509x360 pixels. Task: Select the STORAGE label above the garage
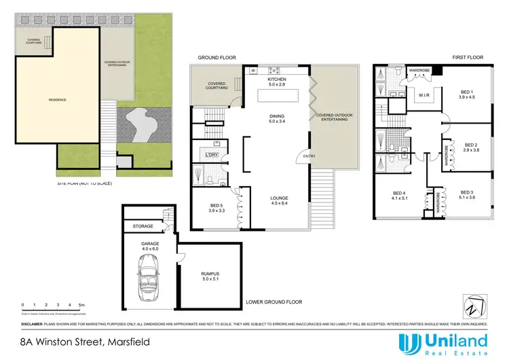point(143,227)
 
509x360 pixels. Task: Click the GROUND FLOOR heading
point(217,58)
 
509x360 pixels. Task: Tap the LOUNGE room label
point(280,199)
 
